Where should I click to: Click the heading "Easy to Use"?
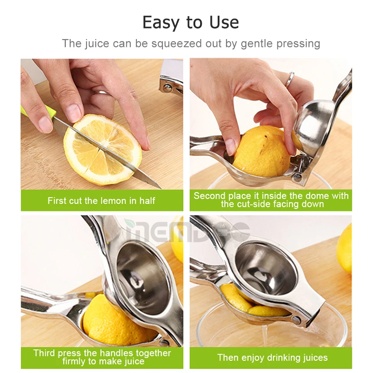coord(190,22)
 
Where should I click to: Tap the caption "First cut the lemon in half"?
coord(101,201)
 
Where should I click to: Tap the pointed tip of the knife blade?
coord(159,187)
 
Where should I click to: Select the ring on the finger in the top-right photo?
coord(290,79)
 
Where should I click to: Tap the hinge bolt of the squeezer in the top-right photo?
coord(298,177)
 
